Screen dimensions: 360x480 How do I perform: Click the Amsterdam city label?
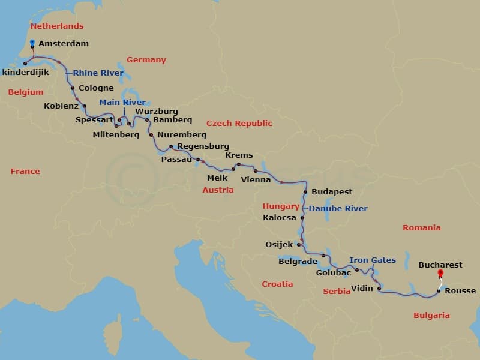coord(63,44)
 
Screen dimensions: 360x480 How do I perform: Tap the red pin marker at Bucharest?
coord(440,274)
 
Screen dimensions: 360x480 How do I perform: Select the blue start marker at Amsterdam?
coord(32,42)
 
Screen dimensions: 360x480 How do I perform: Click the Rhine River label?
coord(98,73)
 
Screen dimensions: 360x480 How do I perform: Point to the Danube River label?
coord(338,209)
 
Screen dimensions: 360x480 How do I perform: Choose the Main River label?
coord(122,103)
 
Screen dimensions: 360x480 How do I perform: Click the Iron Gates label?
coord(373,260)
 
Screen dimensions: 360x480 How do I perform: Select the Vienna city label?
coord(256,179)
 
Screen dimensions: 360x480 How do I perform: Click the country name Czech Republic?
coord(239,124)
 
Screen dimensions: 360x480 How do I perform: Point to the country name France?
coord(25,172)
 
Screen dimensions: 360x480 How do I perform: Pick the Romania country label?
coord(421,228)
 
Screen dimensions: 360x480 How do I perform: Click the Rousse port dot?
coord(439,291)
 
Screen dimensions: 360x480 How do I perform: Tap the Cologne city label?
coord(96,88)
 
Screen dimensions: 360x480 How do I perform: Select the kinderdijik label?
coord(25,72)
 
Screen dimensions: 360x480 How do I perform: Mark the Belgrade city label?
coord(298,262)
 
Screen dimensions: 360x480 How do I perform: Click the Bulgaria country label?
coord(431,316)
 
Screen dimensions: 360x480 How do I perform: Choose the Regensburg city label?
coord(203,146)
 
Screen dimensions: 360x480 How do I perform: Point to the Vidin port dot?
coord(379,289)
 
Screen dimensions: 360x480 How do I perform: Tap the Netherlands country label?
coord(57,26)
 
